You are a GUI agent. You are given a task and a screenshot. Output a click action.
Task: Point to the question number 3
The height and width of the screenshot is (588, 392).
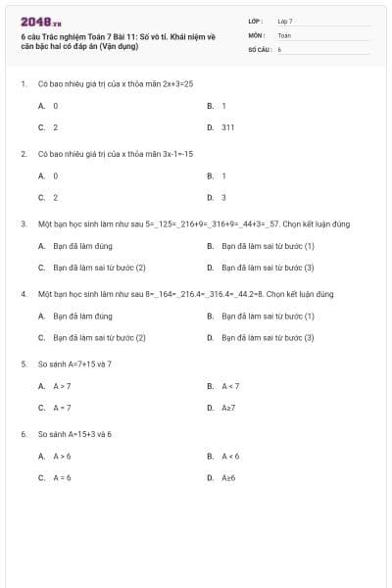coord(23,223)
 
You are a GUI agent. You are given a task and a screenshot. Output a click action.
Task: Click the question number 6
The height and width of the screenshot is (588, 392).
coord(23,433)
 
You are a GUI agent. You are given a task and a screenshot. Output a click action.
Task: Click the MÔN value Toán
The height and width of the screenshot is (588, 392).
coord(284,34)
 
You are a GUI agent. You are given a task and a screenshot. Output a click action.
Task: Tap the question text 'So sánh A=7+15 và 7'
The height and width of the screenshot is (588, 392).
coord(74,364)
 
